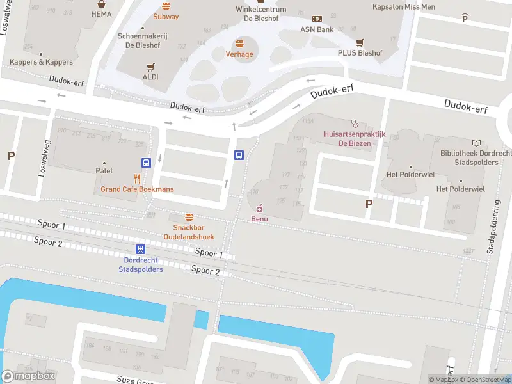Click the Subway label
(x=166, y=16)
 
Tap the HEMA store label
(x=101, y=13)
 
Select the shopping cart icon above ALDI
(x=151, y=67)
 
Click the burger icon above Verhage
(x=239, y=44)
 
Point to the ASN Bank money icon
(x=316, y=19)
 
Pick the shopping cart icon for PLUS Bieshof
(x=360, y=42)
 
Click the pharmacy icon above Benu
(x=259, y=209)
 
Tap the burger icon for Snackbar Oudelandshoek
(x=189, y=217)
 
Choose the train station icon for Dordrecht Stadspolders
(x=140, y=250)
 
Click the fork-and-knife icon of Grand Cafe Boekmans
(x=137, y=179)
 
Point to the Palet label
(x=104, y=171)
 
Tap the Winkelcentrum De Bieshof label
(x=260, y=13)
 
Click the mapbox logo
(x=28, y=376)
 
